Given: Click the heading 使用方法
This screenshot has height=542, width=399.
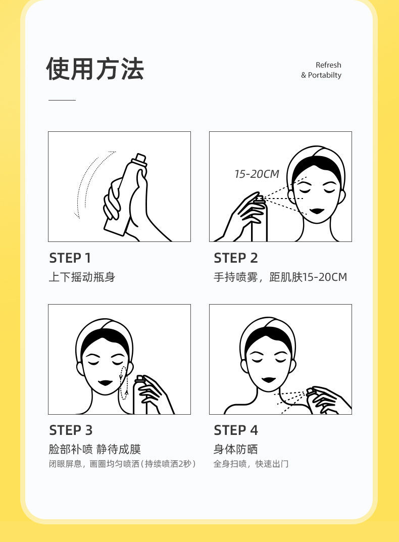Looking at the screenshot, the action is click(x=95, y=69).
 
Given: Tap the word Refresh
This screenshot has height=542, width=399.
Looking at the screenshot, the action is click(x=328, y=65).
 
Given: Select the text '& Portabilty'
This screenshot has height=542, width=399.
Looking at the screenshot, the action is click(x=321, y=75).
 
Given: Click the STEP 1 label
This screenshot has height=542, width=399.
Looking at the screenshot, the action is click(x=70, y=258).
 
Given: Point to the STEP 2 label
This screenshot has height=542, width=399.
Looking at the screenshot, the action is click(x=236, y=258).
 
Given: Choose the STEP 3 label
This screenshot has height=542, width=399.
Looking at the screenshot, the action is click(x=71, y=430).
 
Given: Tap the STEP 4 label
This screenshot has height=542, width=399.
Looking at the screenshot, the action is click(x=236, y=430).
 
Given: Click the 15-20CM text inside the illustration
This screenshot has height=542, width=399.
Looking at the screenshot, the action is click(x=257, y=174).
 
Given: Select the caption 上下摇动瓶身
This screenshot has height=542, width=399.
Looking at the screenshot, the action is click(x=82, y=277).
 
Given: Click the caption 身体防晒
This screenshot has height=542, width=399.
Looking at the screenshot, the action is click(x=235, y=449).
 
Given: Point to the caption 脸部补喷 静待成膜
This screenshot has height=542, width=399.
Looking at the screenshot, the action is click(x=95, y=449).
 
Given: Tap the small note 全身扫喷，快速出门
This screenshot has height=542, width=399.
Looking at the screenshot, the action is click(x=251, y=464).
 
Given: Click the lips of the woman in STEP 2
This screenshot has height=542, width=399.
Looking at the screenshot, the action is click(x=316, y=211).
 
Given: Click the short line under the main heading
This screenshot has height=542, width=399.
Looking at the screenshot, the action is click(x=62, y=100).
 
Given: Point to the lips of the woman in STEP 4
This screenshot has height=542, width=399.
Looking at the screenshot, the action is click(x=269, y=380).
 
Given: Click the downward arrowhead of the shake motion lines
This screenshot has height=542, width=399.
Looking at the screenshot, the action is click(x=77, y=215).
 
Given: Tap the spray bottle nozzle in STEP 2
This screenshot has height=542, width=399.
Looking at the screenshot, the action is click(x=259, y=199).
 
